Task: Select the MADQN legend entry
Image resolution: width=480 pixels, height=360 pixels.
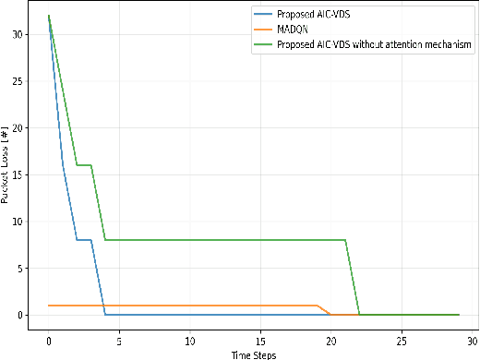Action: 294,28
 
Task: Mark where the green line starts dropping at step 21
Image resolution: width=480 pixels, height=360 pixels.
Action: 345,240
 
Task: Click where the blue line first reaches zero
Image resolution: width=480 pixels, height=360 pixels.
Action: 105,315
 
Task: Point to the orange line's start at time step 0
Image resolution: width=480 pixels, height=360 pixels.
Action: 49,306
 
